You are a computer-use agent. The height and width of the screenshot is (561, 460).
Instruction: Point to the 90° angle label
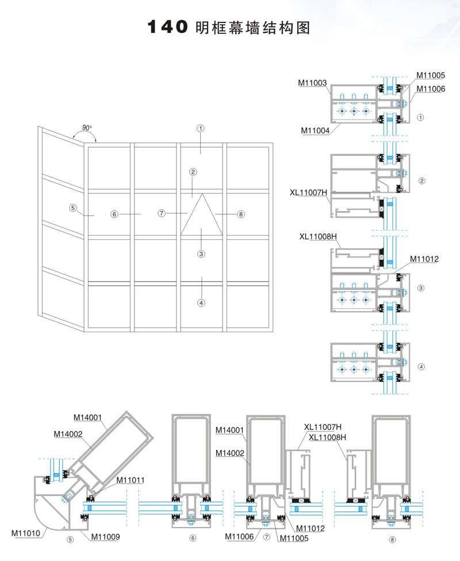(87, 128)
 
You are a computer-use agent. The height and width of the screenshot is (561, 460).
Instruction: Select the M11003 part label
(312, 83)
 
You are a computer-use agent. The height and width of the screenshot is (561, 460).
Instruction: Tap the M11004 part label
(315, 130)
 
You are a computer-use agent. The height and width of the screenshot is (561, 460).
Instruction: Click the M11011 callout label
(131, 480)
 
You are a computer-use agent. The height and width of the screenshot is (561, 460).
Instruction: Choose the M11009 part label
(105, 537)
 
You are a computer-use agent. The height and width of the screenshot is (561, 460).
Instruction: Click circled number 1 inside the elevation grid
(200, 129)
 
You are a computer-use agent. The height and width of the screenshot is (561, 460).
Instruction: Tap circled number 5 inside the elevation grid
(72, 208)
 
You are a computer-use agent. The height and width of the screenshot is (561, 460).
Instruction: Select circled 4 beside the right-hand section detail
(421, 366)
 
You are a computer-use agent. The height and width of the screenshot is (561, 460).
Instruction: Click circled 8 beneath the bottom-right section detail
(392, 539)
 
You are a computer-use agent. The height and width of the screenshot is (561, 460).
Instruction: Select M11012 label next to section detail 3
(424, 259)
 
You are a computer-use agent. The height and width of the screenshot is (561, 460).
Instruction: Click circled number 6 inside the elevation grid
(114, 214)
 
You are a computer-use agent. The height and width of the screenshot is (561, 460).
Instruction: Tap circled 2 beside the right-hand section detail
(421, 180)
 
